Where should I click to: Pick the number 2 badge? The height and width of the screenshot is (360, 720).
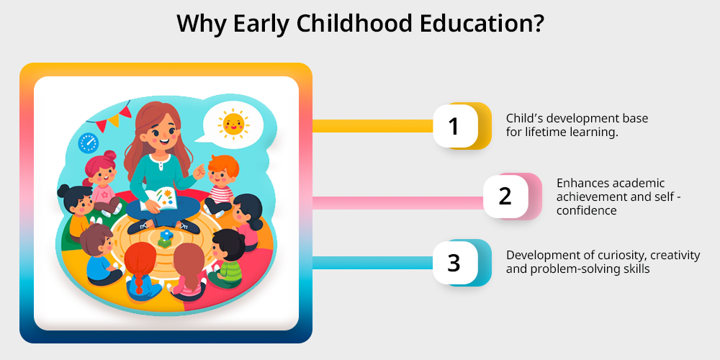click(x=506, y=196)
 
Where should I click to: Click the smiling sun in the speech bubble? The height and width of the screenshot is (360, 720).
click(x=233, y=123)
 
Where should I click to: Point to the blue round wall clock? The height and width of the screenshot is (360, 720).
click(x=89, y=143)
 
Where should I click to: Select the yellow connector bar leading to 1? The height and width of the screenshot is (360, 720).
click(x=373, y=126)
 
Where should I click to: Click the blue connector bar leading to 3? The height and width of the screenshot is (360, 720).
click(x=373, y=263)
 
